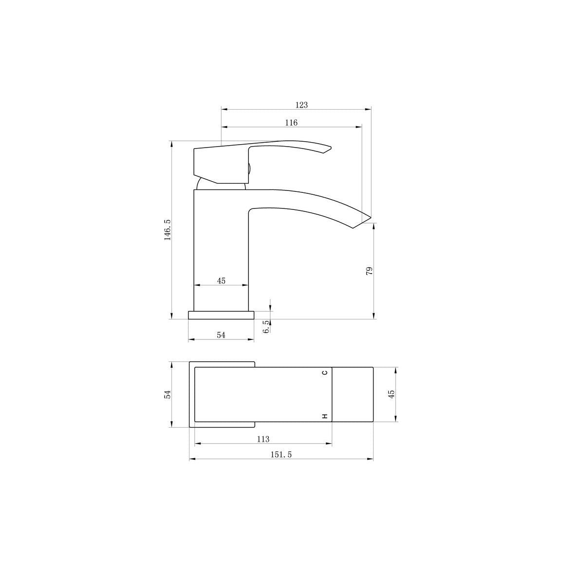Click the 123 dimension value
tap(301, 105)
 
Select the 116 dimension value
tap(291, 123)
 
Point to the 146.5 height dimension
tap(168, 230)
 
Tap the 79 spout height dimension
tap(369, 271)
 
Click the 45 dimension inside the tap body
tap(221, 281)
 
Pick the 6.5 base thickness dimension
tap(266, 327)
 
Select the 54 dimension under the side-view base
tap(221, 335)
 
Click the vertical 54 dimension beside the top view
tap(168, 394)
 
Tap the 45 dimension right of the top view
tap(392, 394)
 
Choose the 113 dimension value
tap(263, 439)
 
